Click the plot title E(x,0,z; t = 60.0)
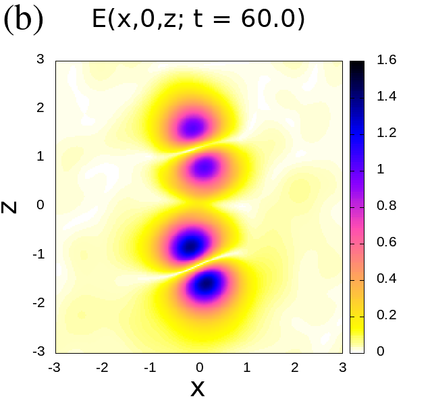point(198,20)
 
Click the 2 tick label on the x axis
point(295,367)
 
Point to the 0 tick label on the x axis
point(199,367)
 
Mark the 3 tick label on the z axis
point(40,59)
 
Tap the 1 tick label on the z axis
point(40,157)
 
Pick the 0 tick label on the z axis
point(40,205)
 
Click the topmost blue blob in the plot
point(194,126)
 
